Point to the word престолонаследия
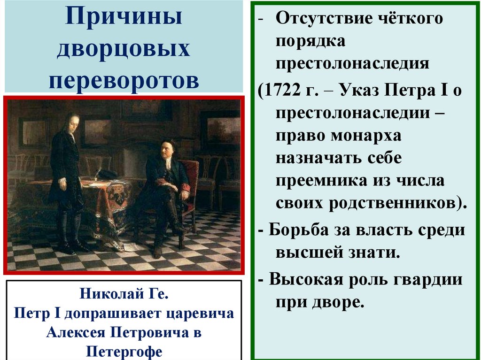click(352, 63)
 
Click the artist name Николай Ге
click(124, 296)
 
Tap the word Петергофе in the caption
click(124, 351)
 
